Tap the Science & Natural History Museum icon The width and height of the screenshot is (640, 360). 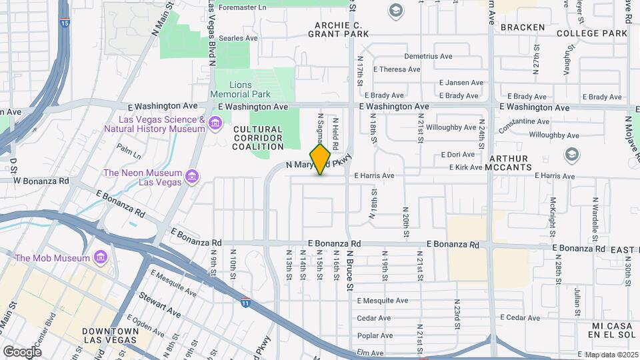pos(215,123)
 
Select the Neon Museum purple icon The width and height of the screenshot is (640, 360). pos(192,177)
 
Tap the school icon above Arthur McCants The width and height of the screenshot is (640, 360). pos(571,155)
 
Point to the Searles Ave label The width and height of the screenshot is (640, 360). pos(238,39)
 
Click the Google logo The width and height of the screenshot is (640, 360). pos(22,351)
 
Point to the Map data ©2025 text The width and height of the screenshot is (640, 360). pos(611,355)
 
